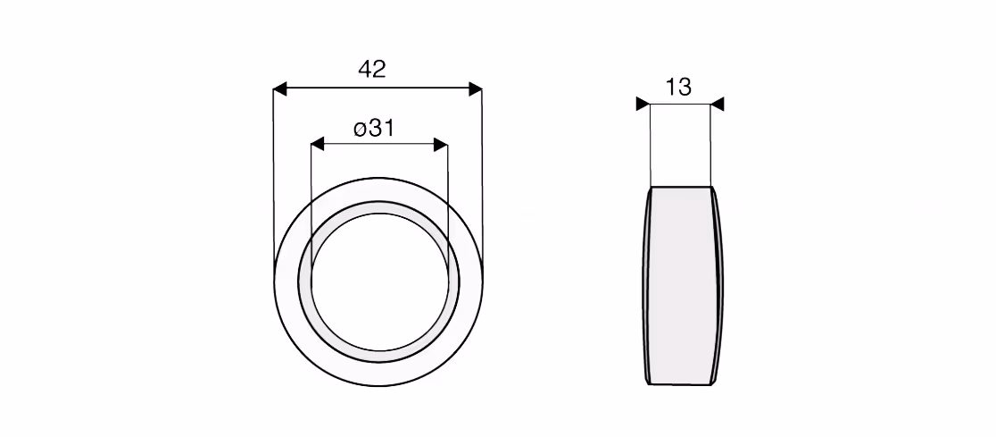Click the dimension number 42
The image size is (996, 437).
(371, 69)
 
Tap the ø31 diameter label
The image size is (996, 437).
(374, 129)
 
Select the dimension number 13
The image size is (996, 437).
(678, 88)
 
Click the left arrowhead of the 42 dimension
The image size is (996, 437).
(280, 89)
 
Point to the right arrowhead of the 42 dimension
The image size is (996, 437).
(475, 89)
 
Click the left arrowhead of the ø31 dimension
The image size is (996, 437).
(318, 145)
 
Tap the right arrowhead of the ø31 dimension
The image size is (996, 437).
(441, 145)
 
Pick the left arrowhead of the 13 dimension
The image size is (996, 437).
(643, 104)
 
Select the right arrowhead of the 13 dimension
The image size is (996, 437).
(718, 104)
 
